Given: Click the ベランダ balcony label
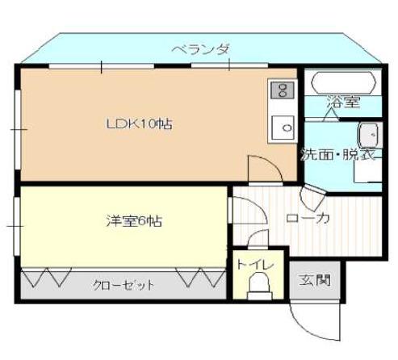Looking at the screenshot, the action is tap(201, 50).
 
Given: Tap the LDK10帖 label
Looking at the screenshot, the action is tap(139, 124).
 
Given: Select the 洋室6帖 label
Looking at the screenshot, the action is tap(134, 221).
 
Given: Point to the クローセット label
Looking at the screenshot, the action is tap(124, 285).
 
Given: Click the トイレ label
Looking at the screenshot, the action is tap(255, 265).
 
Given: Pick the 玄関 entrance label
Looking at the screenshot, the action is tap(315, 280).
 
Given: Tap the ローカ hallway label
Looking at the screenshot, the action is tap(308, 219).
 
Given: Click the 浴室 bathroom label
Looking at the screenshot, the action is tap(343, 102).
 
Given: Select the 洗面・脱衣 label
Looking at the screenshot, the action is tap(337, 154).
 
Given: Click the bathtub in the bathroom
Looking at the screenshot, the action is tap(343, 82).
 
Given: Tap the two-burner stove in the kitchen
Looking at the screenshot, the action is tap(283, 90).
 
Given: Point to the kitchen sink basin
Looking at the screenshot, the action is tap(283, 128).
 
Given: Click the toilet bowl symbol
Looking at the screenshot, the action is tap(259, 286).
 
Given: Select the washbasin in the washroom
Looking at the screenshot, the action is tap(370, 136).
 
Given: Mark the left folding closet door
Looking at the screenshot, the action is tap(46, 278).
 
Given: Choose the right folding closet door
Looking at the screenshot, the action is tap(201, 278).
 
